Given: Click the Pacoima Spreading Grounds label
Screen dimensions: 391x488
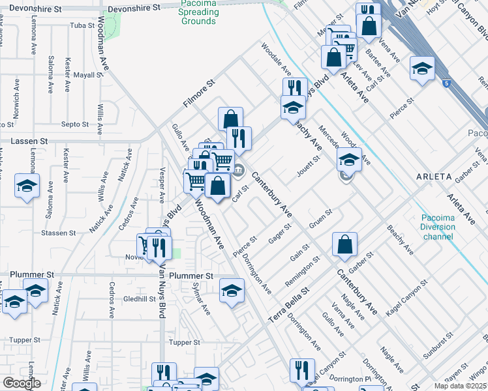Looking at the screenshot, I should click(x=198, y=13).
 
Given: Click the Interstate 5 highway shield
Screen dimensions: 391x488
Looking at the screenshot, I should click(x=445, y=83).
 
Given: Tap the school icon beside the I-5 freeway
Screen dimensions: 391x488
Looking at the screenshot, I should click(x=422, y=68).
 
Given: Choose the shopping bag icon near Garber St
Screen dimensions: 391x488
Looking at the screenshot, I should click(x=345, y=245).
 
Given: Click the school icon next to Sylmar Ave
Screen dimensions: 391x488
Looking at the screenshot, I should click(x=231, y=291).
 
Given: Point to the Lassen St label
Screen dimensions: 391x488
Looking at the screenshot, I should click(x=29, y=141).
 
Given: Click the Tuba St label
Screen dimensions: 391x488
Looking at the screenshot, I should click(x=82, y=27).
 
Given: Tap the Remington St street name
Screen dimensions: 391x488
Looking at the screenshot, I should click(x=303, y=272).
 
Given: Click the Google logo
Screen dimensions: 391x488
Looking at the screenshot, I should click(x=22, y=383).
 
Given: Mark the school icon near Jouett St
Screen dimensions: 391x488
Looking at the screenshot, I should click(x=349, y=160).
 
